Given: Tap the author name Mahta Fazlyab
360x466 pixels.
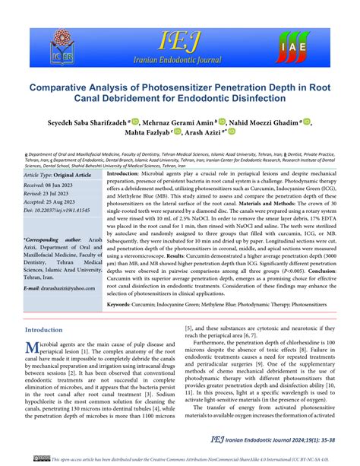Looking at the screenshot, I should click(144, 132).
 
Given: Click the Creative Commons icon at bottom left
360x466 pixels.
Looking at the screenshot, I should click(36, 458).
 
